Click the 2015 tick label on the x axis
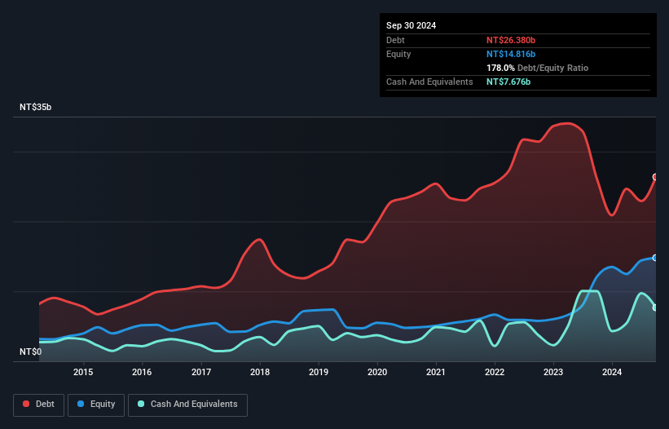83,373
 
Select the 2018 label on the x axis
260,373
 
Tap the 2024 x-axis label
613,373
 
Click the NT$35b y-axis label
37,107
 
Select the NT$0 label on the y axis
32,352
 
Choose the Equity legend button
97,404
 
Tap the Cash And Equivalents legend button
187,404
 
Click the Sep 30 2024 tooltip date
411,25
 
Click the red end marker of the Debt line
655,177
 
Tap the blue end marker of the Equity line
655,258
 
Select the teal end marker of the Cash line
655,307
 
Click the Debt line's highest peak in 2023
568,123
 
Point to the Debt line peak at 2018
258,239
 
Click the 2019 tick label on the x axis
319,373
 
